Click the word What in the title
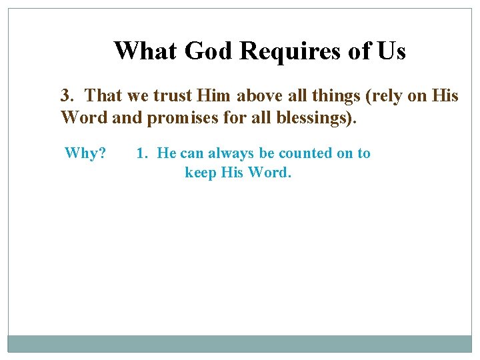[x=145, y=51]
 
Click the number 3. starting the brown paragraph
[x=68, y=96]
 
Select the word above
[x=259, y=96]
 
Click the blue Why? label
[x=85, y=153]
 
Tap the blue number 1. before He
[x=142, y=153]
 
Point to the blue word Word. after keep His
[x=270, y=173]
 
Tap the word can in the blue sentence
[x=192, y=153]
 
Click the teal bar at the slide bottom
[x=240, y=343]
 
